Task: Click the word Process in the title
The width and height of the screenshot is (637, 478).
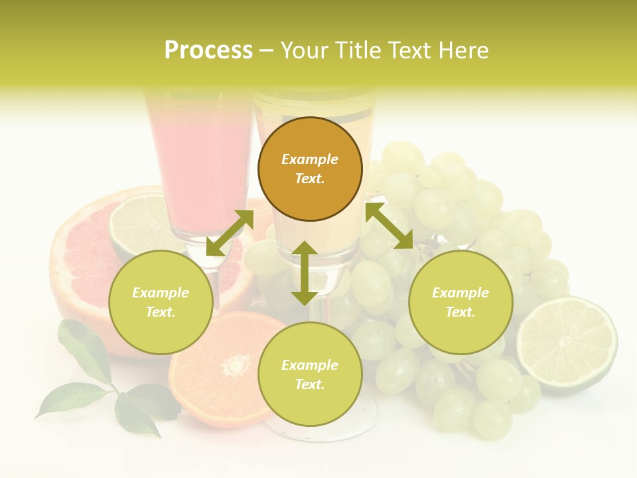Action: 208,50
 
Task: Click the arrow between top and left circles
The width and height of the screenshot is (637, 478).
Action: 230,233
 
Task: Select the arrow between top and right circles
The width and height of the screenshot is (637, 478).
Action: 389,226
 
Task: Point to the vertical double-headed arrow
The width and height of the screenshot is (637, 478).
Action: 305,273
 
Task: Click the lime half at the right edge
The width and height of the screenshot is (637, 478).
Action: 567,345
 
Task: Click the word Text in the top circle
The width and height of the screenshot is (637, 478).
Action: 310,179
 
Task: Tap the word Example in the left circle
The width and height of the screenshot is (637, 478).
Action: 161,293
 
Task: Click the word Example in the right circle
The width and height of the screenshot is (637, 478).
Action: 460,293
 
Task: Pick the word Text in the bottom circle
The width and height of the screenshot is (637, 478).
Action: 310,384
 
